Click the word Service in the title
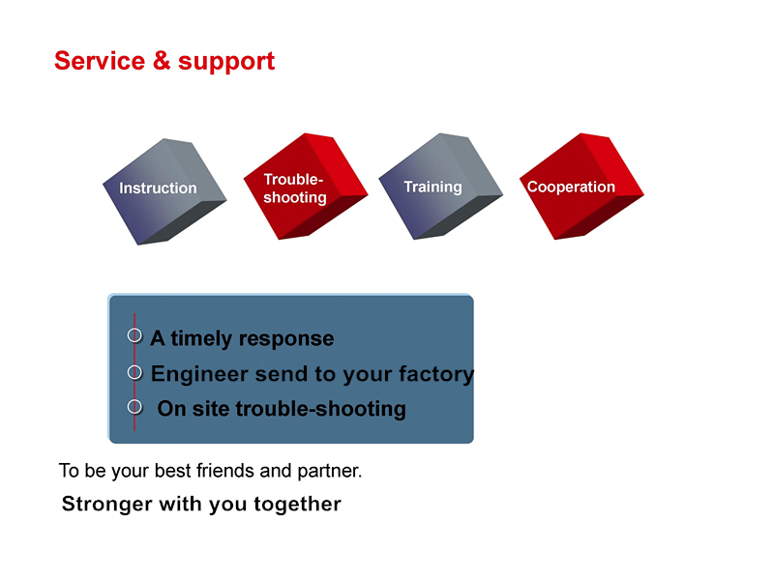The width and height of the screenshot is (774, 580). point(100,61)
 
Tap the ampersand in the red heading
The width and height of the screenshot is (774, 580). point(162,61)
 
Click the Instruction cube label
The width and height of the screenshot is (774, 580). point(158,188)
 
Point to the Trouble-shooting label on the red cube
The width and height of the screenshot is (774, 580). point(295,188)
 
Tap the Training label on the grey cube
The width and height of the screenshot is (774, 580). point(432,187)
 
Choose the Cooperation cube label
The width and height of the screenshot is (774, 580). point(571,187)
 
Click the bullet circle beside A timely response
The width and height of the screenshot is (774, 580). point(134,335)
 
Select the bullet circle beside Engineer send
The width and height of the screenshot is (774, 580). point(134,372)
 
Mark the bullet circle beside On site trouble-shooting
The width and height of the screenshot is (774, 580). point(134,406)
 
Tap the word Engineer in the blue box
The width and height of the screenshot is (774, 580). point(199,374)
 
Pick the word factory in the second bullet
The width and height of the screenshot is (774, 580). point(436,374)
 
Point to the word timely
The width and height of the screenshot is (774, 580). point(201,339)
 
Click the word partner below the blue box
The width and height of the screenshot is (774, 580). point(330,472)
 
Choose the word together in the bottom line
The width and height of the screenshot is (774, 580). point(297,505)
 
